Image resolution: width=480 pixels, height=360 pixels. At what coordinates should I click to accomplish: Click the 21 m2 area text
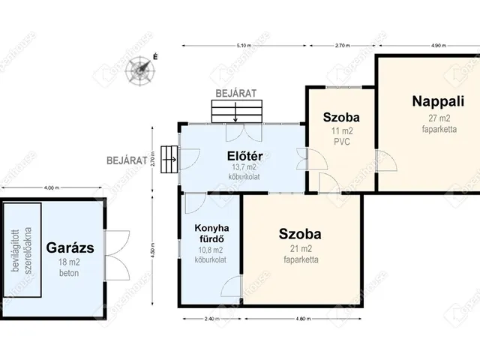[301, 249]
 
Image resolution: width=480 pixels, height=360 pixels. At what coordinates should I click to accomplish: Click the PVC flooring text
[341, 141]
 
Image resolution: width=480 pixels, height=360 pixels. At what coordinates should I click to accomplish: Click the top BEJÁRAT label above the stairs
[236, 92]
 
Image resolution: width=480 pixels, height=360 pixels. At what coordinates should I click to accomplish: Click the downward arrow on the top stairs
[236, 114]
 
